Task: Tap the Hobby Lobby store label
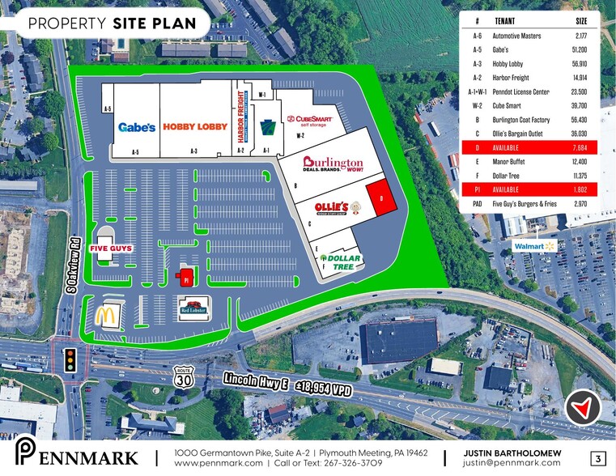(195, 126)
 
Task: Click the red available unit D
(381, 197)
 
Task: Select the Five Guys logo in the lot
(110, 249)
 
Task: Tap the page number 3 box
(598, 458)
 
